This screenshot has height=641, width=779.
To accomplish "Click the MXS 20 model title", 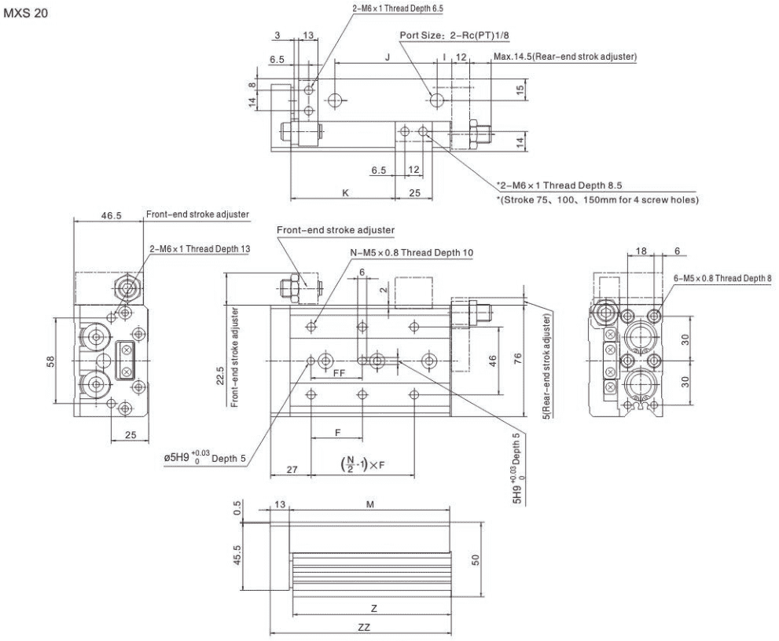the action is [x=26, y=13].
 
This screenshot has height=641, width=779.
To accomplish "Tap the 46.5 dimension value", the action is [x=112, y=215].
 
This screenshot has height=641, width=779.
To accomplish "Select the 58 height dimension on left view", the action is [x=50, y=361].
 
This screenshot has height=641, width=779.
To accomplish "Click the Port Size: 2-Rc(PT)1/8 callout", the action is [x=454, y=35].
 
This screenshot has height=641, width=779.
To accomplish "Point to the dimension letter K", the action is [x=345, y=192].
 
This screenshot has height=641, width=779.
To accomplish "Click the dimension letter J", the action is [x=388, y=57].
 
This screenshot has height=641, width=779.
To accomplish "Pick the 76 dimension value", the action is [x=518, y=358].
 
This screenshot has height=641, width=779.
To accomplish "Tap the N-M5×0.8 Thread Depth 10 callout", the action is [x=412, y=253].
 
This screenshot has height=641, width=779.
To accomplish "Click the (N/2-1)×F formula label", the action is [x=362, y=465].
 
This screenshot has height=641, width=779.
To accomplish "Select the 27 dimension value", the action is [x=292, y=469].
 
